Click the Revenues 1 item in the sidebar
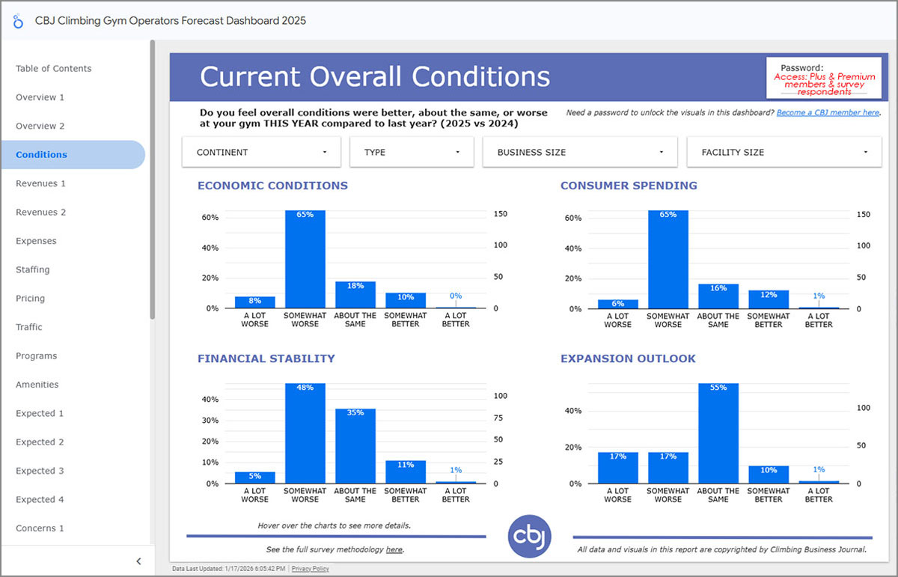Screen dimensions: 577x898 pyautogui.click(x=41, y=183)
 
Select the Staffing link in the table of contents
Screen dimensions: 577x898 pyautogui.click(x=33, y=269)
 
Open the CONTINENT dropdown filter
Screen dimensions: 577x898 pyautogui.click(x=261, y=152)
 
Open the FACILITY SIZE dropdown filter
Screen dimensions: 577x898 pyautogui.click(x=784, y=152)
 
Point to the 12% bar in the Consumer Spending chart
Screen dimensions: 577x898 pyautogui.click(x=768, y=299)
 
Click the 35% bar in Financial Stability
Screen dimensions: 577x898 pyautogui.click(x=355, y=447)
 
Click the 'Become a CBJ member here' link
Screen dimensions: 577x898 pyautogui.click(x=828, y=112)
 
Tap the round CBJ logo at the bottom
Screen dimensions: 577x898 pyautogui.click(x=529, y=536)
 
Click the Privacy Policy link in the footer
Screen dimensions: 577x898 pyautogui.click(x=310, y=569)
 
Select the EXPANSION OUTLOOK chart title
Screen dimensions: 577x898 pyautogui.click(x=628, y=358)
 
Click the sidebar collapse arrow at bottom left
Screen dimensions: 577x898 pyautogui.click(x=138, y=561)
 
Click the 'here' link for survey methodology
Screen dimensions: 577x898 pyautogui.click(x=394, y=549)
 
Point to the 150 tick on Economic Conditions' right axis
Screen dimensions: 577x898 pyautogui.click(x=500, y=214)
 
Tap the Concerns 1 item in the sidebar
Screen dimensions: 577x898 pyautogui.click(x=40, y=528)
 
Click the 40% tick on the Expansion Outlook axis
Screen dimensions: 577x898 pyautogui.click(x=573, y=411)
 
